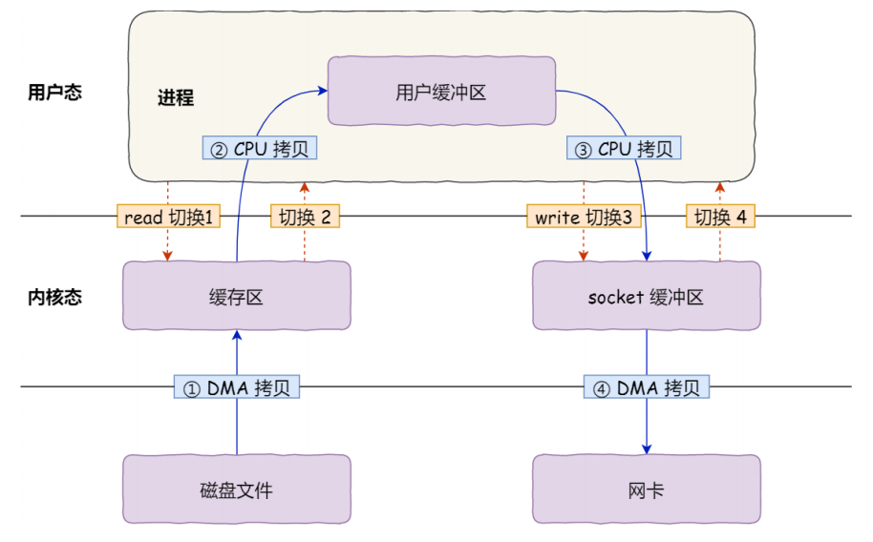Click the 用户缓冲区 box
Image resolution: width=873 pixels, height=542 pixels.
(x=441, y=92)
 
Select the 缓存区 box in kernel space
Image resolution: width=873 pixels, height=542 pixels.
(x=236, y=297)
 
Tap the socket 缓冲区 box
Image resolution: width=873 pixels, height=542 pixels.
(x=646, y=297)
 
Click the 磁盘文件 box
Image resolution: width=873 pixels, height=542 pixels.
(x=236, y=490)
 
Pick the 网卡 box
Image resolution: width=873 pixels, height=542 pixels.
(x=646, y=490)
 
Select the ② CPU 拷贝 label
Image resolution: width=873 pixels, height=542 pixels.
(x=259, y=149)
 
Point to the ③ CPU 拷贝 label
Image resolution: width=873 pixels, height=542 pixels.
(x=625, y=149)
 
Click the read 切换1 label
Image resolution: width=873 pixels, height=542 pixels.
(x=168, y=218)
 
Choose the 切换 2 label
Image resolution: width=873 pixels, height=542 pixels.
(x=305, y=218)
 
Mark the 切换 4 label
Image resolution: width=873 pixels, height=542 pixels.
(x=719, y=218)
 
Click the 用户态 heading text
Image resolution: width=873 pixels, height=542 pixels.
(x=54, y=93)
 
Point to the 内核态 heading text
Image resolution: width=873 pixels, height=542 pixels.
(x=54, y=297)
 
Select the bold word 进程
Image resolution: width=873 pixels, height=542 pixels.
(x=176, y=98)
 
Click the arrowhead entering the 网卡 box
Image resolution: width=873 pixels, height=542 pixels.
(x=647, y=448)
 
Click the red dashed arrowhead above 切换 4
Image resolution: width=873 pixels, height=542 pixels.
(x=719, y=185)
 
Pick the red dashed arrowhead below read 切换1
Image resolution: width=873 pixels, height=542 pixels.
(x=168, y=256)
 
